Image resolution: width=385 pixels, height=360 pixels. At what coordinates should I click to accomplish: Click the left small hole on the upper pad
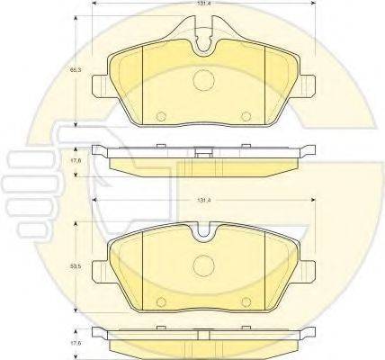(x=161, y=116)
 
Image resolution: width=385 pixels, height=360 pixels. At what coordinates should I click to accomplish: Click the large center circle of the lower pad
(x=203, y=267)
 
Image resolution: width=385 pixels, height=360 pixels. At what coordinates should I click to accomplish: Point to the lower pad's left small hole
(x=161, y=301)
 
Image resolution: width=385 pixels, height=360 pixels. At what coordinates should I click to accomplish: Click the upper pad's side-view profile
(x=203, y=160)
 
